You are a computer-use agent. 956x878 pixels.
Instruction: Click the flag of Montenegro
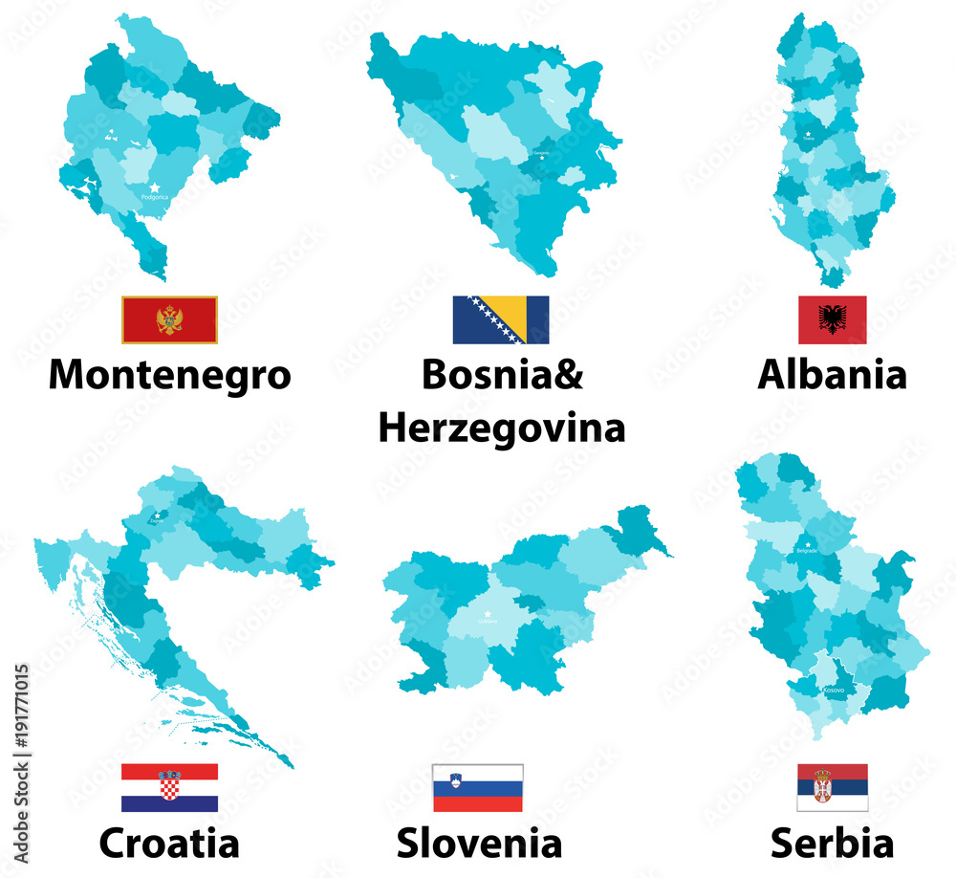[x=169, y=319]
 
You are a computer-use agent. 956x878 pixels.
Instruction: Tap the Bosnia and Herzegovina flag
[x=501, y=319]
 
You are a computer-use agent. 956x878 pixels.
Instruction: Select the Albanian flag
[x=833, y=319]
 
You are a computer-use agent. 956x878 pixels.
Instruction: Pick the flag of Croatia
[x=169, y=787]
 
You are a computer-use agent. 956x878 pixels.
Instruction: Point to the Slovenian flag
[x=478, y=787]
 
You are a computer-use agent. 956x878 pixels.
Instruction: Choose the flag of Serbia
[x=833, y=787]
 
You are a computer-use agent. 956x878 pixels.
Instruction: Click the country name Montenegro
[x=169, y=374]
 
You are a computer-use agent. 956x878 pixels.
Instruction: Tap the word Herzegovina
[x=501, y=428]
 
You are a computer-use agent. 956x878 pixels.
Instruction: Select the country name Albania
[x=832, y=374]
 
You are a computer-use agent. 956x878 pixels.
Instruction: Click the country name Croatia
[x=169, y=843]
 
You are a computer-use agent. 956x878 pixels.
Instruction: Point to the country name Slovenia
[x=479, y=843]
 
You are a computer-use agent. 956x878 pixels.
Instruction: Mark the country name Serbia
[x=832, y=843]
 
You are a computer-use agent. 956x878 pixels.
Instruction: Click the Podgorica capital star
[x=154, y=187]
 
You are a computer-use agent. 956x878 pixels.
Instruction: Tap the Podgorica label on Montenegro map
[x=154, y=198]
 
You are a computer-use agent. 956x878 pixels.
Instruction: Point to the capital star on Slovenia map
[x=487, y=614]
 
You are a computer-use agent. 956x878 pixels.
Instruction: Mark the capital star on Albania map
[x=809, y=134]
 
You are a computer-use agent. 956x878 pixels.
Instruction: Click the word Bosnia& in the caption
[x=501, y=374]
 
